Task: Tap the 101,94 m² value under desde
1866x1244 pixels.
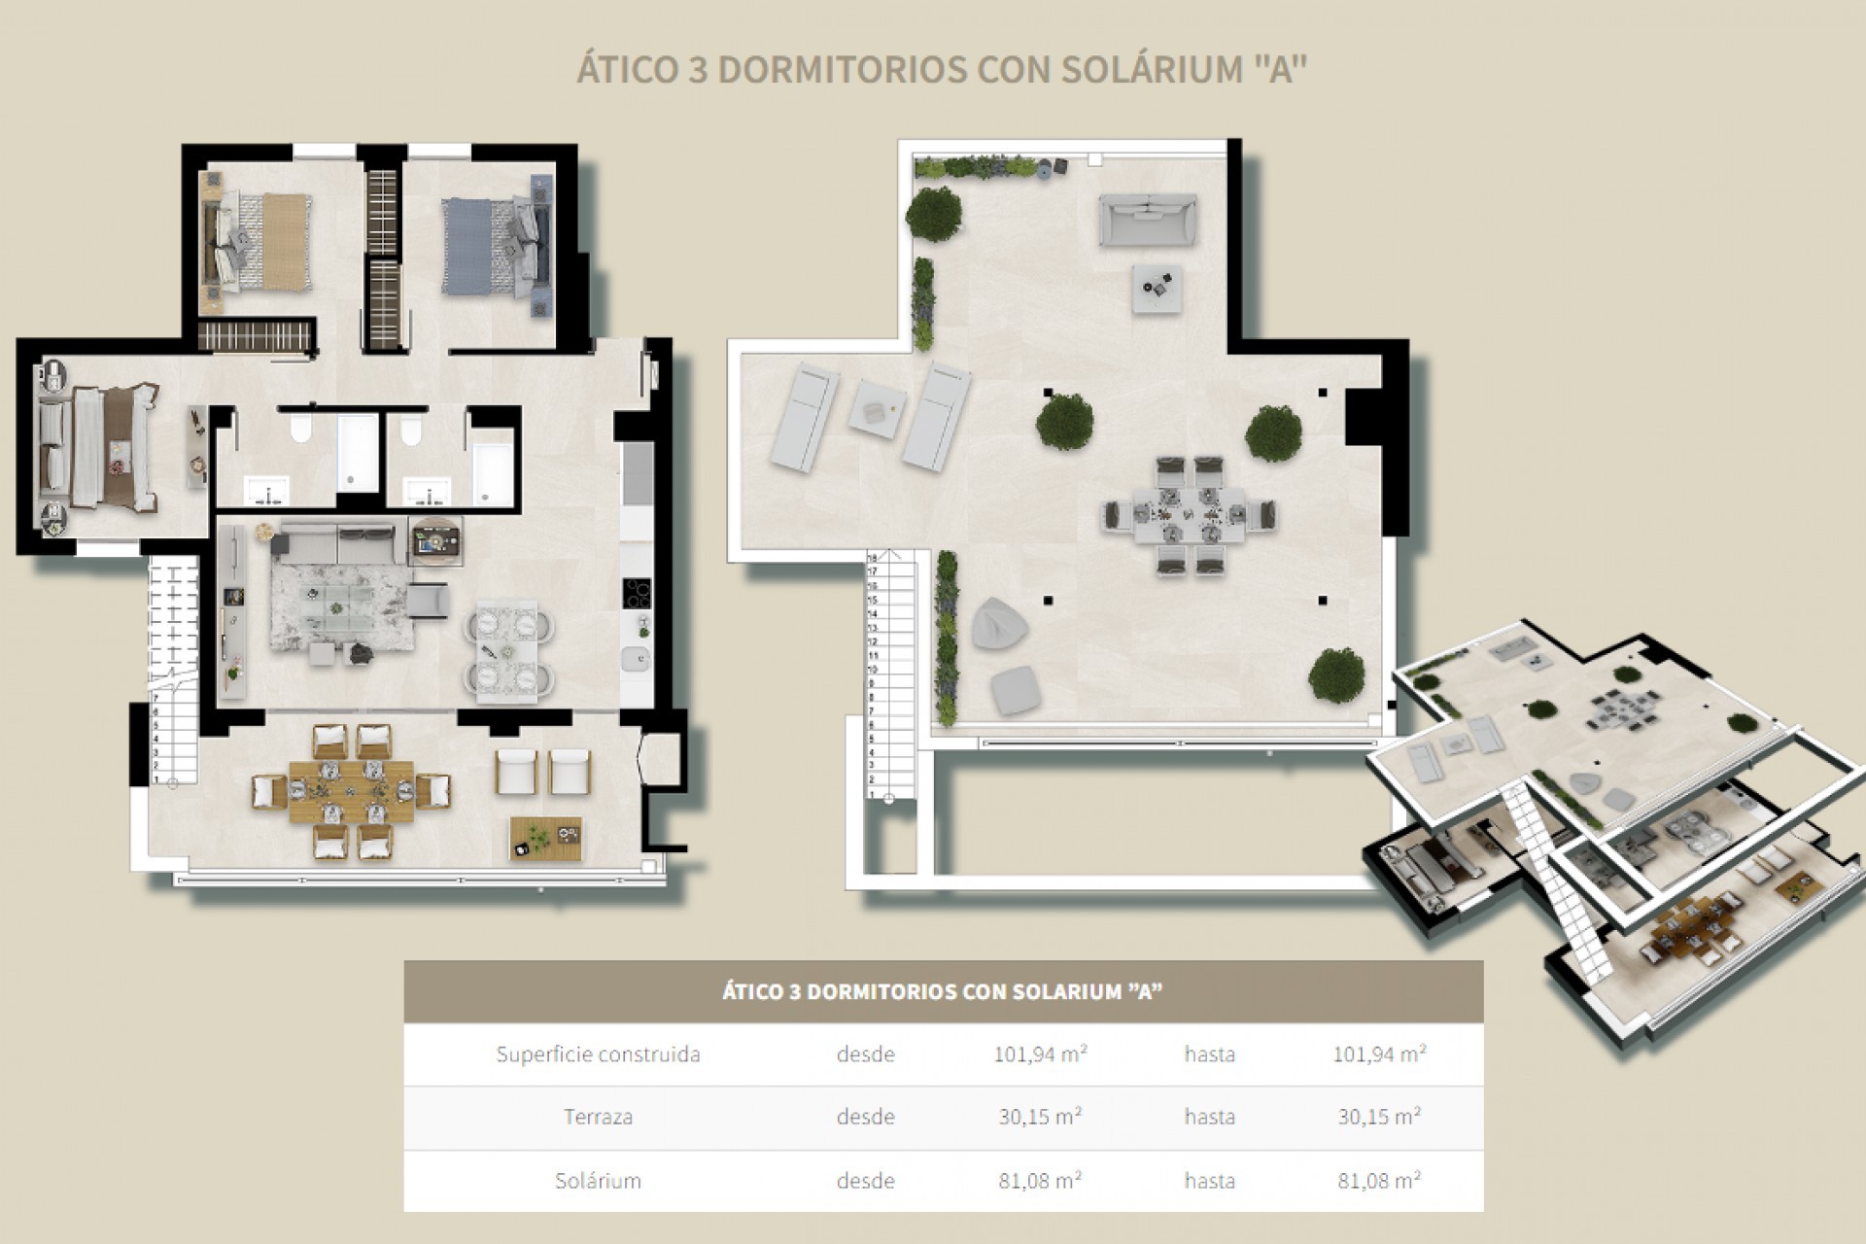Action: point(1039,1054)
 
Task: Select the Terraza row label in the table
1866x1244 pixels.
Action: point(598,1117)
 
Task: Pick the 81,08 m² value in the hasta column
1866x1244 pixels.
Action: point(1378,1181)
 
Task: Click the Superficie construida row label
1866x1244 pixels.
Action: point(598,1054)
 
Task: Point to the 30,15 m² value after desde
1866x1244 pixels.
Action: point(1039,1117)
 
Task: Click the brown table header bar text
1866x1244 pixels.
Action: point(942,992)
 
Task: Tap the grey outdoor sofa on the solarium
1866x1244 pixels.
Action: point(1147,219)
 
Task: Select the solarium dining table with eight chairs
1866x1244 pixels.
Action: point(1189,515)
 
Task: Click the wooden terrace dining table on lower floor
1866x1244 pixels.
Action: point(351,791)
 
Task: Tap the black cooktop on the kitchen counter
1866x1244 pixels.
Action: point(638,592)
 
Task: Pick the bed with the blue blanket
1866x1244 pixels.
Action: point(474,245)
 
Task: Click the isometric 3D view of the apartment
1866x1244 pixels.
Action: point(1613,826)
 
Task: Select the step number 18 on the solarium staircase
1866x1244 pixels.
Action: point(872,559)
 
